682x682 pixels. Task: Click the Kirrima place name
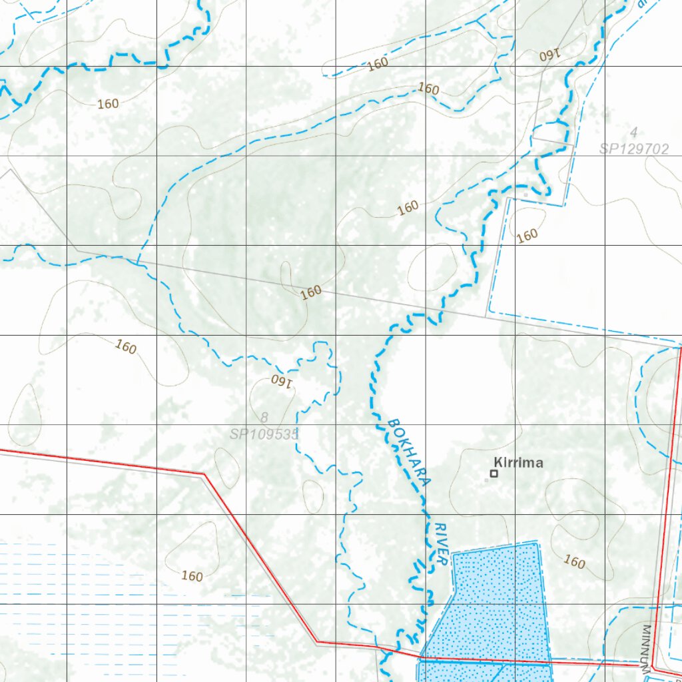click(518, 463)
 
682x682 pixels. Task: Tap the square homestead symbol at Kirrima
click(494, 474)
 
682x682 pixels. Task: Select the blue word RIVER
click(441, 544)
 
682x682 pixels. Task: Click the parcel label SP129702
click(634, 149)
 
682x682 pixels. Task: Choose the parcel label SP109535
click(264, 434)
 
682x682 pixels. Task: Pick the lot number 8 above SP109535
click(264, 418)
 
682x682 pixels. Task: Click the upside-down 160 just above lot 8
click(282, 381)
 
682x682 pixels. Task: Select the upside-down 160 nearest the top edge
click(551, 55)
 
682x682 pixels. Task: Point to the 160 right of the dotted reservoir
click(574, 562)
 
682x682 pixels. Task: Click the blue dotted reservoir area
click(493, 599)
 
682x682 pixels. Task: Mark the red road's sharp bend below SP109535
click(204, 474)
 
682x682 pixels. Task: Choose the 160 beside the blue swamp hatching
click(192, 576)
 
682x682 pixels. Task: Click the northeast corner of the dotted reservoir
click(537, 543)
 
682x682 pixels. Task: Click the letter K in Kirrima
click(498, 463)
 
